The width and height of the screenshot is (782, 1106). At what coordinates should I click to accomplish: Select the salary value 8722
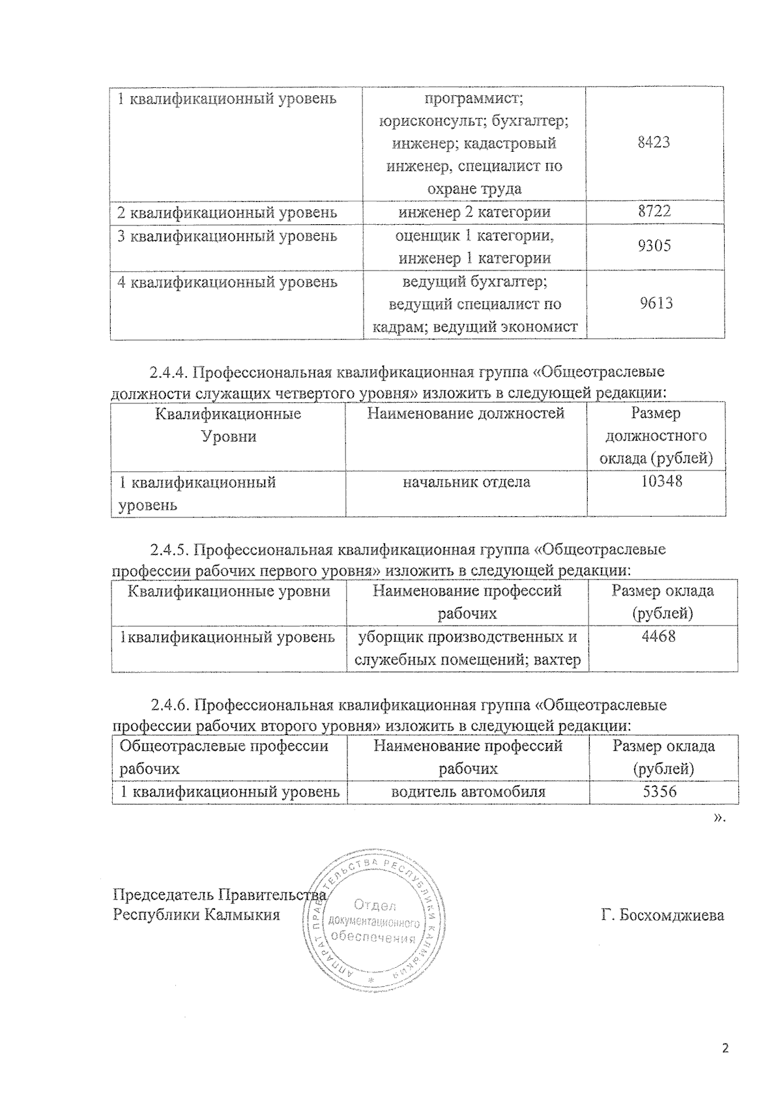click(x=654, y=211)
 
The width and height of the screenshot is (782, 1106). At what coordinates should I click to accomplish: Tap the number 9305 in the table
click(x=654, y=246)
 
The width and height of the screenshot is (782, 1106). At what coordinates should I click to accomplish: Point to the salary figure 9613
click(x=655, y=304)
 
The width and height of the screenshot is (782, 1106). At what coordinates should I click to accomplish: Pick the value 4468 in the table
click(x=658, y=636)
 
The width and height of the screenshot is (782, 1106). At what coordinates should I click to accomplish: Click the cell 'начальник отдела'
click(x=466, y=482)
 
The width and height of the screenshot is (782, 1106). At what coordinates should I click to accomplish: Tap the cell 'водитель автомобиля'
click(x=467, y=792)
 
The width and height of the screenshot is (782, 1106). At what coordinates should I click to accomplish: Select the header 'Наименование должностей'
click(x=466, y=413)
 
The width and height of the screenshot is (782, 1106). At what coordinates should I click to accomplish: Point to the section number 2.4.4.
click(x=169, y=373)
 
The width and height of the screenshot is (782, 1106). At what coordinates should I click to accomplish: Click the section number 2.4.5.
click(x=169, y=549)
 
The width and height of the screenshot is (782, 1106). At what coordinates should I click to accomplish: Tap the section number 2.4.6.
click(x=169, y=705)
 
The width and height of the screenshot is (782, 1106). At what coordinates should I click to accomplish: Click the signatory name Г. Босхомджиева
click(x=663, y=915)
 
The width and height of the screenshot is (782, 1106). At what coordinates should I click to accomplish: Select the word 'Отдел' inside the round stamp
click(x=375, y=905)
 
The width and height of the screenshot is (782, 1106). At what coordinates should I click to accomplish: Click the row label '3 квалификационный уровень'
click(x=227, y=235)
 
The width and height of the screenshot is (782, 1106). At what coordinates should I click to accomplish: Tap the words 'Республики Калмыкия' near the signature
click(x=196, y=914)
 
